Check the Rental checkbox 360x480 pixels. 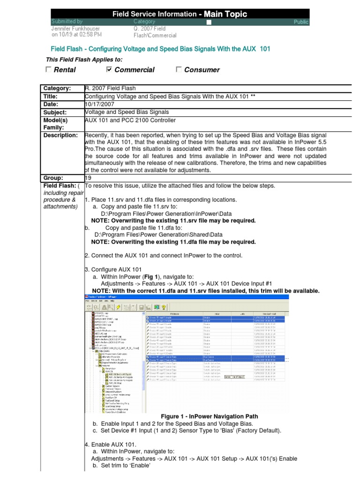point(49,70)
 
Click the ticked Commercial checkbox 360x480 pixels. point(110,70)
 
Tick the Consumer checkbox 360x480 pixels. point(179,70)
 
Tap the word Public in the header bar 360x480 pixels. point(301,22)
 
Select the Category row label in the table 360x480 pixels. point(57,88)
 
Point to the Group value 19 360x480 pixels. point(88,178)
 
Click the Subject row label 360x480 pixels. point(55,112)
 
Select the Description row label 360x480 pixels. point(60,135)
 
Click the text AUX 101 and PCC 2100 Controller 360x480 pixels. point(130,120)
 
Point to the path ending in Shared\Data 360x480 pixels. point(158,234)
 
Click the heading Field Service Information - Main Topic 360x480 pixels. point(180,14)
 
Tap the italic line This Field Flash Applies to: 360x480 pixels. point(84,59)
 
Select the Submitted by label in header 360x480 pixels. point(67,22)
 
